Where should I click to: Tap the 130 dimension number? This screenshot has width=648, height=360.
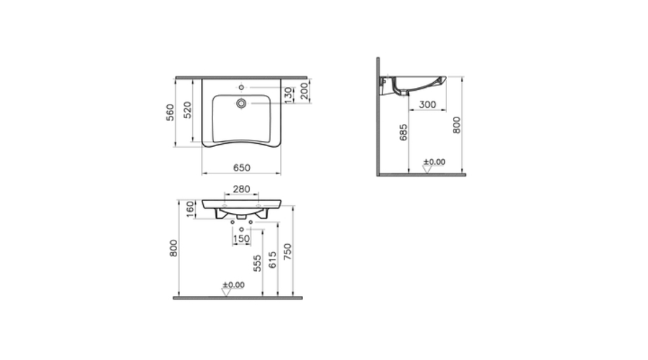[287, 94]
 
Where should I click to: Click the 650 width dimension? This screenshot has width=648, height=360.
[240, 167]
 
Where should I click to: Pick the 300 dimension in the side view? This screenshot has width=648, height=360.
[427, 104]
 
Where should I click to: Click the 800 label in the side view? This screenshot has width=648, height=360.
[456, 125]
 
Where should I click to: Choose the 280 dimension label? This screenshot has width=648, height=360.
[241, 190]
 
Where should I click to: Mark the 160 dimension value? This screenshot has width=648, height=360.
[191, 210]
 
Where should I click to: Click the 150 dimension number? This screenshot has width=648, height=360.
[241, 239]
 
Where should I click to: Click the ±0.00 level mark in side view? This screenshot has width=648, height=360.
[435, 162]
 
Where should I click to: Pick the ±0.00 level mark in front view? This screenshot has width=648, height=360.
[233, 285]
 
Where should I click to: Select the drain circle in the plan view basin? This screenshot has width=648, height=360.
[242, 104]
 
